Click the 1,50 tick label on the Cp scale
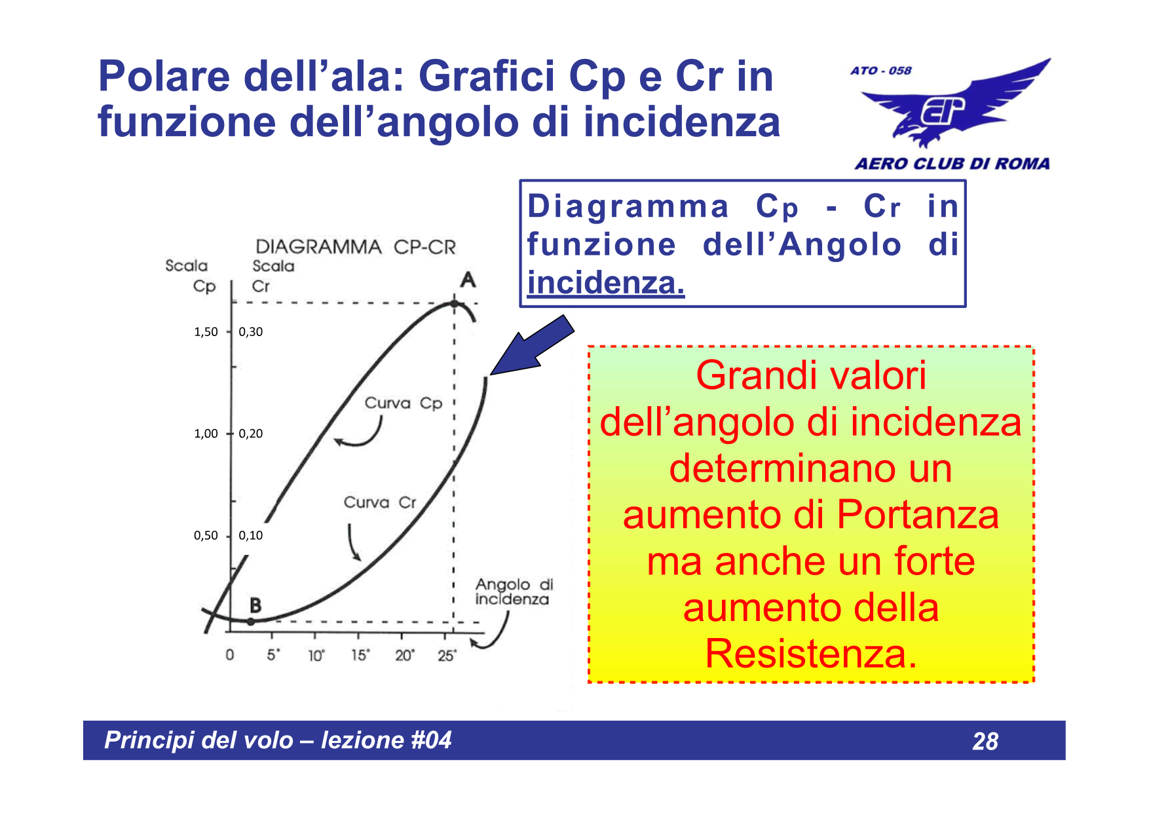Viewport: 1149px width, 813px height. click(206, 331)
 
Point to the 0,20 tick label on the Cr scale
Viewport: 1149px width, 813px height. click(251, 433)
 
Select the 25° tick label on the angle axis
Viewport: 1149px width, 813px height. click(447, 655)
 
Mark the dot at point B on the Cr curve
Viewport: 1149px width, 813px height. click(250, 621)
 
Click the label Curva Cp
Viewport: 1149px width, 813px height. click(404, 403)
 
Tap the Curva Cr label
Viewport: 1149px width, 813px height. click(380, 502)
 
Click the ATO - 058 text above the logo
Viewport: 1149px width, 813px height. click(881, 71)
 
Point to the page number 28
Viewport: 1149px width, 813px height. click(985, 741)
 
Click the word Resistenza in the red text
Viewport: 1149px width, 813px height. click(810, 654)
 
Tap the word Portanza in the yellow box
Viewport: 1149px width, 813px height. click(918, 515)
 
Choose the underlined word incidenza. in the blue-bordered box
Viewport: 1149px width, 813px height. click(606, 283)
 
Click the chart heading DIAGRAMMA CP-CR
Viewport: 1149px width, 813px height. click(356, 247)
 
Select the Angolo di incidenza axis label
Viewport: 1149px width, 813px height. click(514, 592)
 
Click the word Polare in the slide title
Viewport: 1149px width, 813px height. click(164, 76)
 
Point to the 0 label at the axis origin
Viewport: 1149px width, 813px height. click(230, 654)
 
